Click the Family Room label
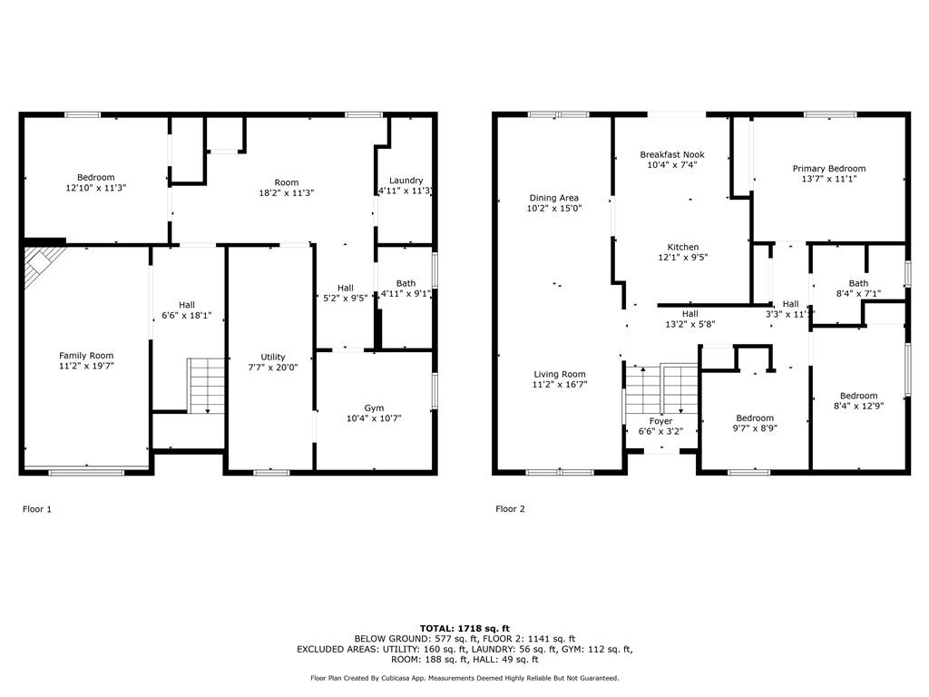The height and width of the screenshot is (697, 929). pyautogui.click(x=86, y=356)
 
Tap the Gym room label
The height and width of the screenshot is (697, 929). pyautogui.click(x=374, y=407)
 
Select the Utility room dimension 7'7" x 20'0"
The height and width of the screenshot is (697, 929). pyautogui.click(x=273, y=368)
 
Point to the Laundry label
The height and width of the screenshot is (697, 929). pyautogui.click(x=406, y=181)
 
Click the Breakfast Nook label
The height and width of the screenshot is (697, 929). pyautogui.click(x=672, y=154)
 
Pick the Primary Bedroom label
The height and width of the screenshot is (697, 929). pyautogui.click(x=829, y=168)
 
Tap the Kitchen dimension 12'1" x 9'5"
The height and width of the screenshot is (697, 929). pyautogui.click(x=683, y=257)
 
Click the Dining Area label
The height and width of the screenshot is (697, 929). pyautogui.click(x=554, y=198)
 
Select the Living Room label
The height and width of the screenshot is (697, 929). pyautogui.click(x=559, y=374)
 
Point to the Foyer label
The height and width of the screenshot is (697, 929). pyautogui.click(x=660, y=421)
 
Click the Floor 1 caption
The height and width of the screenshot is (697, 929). pyautogui.click(x=36, y=509)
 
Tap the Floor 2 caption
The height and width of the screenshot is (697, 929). pyautogui.click(x=510, y=509)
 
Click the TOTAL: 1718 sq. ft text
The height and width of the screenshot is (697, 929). pyautogui.click(x=464, y=628)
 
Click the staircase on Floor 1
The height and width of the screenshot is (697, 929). pyautogui.click(x=206, y=385)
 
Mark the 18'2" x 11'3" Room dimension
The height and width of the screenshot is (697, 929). pyautogui.click(x=286, y=192)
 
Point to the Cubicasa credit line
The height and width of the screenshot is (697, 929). pyautogui.click(x=464, y=678)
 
